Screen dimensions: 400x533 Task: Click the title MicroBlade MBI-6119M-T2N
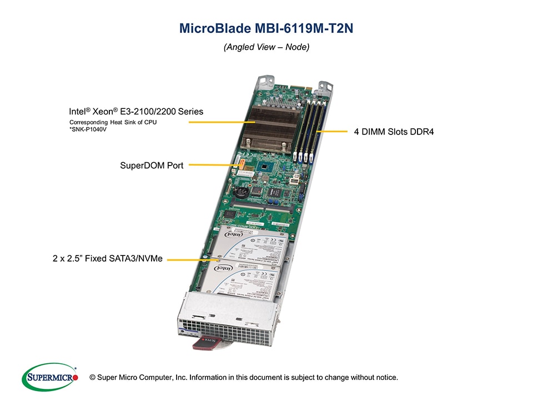pyautogui.click(x=266, y=28)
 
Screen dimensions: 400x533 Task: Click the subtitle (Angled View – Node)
pyautogui.click(x=266, y=47)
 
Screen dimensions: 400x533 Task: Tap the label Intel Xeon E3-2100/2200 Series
pyautogui.click(x=136, y=112)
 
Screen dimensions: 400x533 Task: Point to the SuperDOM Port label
pyautogui.click(x=152, y=165)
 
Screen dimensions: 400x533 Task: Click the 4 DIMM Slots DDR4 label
pyautogui.click(x=394, y=132)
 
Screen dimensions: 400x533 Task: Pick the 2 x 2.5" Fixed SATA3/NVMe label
pyautogui.click(x=108, y=258)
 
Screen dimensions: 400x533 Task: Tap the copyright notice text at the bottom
pyautogui.click(x=248, y=378)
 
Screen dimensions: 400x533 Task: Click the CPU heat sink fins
pyautogui.click(x=269, y=124)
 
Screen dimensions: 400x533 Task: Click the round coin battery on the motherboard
pyautogui.click(x=242, y=192)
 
